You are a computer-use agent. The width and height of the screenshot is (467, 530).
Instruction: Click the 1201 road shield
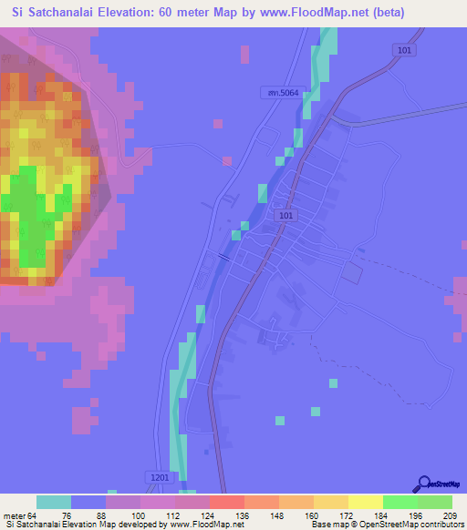coord(157,476)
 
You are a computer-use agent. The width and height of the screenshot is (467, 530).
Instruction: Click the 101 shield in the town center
coord(286,216)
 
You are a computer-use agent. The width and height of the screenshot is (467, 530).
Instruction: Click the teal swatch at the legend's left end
coord(54,503)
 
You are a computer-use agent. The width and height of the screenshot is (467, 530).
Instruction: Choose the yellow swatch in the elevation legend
coord(366,503)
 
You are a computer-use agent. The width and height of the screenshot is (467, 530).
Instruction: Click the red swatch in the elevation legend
coord(227,503)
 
